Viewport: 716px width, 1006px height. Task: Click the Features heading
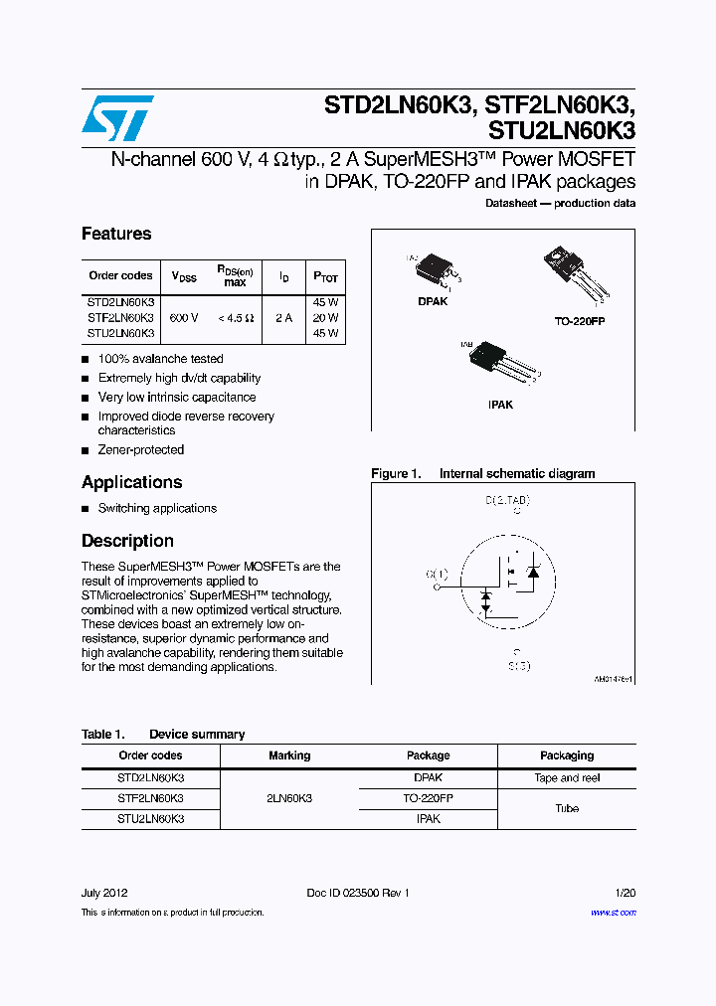pyautogui.click(x=116, y=234)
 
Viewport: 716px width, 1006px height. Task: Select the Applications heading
pyautogui.click(x=131, y=482)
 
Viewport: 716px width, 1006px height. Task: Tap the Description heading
pyautogui.click(x=127, y=541)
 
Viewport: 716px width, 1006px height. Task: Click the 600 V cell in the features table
pyautogui.click(x=184, y=318)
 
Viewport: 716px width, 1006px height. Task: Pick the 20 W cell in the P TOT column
pyautogui.click(x=325, y=318)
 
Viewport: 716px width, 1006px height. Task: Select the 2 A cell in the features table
pyautogui.click(x=283, y=318)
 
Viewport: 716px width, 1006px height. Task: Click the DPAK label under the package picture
pyautogui.click(x=433, y=300)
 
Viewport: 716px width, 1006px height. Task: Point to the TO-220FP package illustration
pyautogui.click(x=571, y=273)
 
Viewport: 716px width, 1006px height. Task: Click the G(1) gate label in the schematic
pyautogui.click(x=437, y=574)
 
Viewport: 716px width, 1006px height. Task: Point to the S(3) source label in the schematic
pyautogui.click(x=518, y=665)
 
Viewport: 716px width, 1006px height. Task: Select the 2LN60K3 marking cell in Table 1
pyautogui.click(x=289, y=798)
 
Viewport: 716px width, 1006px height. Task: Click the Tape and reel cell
pyautogui.click(x=567, y=778)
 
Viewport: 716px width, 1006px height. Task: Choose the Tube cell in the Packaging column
pyautogui.click(x=567, y=808)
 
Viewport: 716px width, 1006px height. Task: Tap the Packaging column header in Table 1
pyautogui.click(x=567, y=755)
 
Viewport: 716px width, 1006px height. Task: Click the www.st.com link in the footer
pyautogui.click(x=613, y=912)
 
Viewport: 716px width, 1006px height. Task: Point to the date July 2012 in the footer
pyautogui.click(x=104, y=893)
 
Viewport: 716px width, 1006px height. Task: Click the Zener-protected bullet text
pyautogui.click(x=141, y=449)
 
